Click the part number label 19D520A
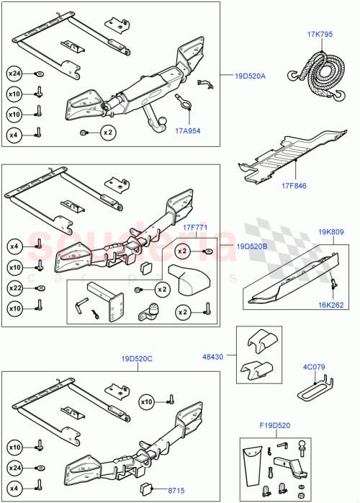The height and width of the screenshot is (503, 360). [x=249, y=75]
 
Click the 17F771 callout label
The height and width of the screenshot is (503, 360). [x=195, y=228]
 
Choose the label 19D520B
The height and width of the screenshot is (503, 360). [x=251, y=246]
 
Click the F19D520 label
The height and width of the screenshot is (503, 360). [x=274, y=424]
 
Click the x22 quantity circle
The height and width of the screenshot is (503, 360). [x=14, y=288]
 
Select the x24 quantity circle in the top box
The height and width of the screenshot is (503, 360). [x=14, y=73]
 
